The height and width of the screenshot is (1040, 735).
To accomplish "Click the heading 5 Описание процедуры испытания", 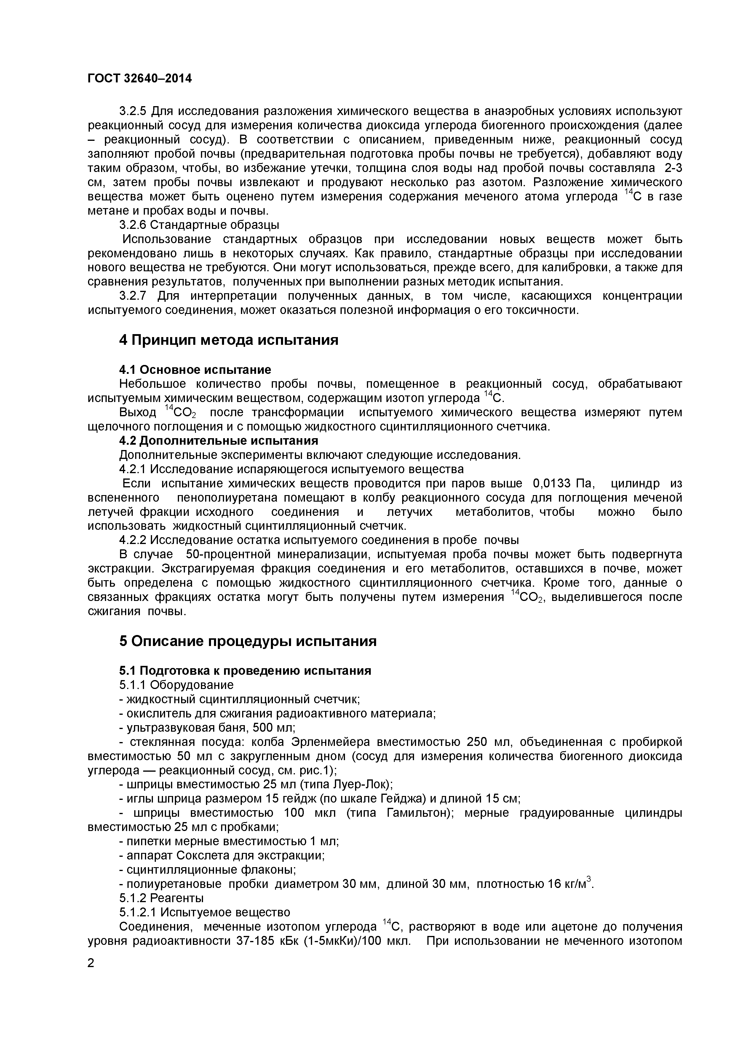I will coord(248,641).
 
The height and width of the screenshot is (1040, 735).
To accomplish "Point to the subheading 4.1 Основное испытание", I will coord(195,370).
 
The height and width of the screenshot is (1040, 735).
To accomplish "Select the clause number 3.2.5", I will coord(133,111).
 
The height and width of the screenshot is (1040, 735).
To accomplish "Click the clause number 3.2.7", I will coord(133,296).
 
